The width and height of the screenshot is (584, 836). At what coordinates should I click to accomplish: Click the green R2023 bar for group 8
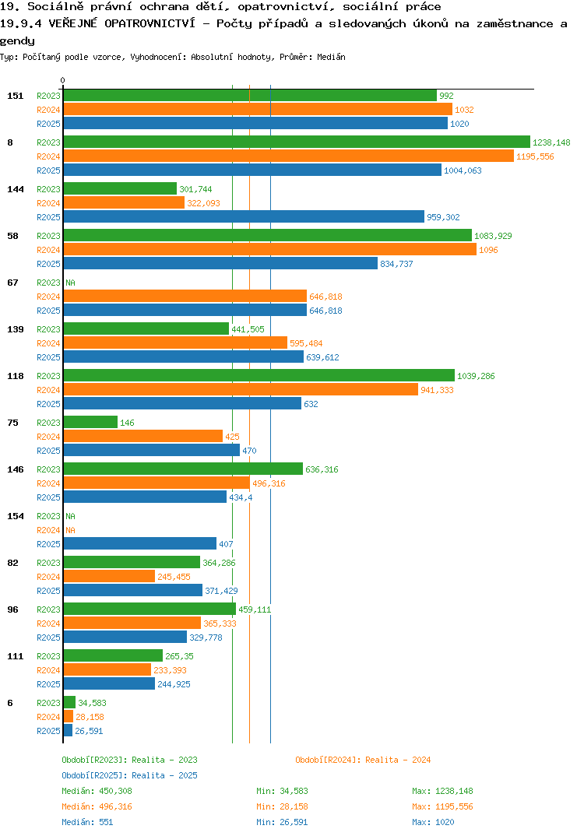(x=297, y=142)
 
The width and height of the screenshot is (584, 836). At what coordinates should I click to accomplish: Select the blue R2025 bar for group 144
(x=244, y=217)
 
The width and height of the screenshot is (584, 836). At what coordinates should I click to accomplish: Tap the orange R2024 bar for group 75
(x=143, y=437)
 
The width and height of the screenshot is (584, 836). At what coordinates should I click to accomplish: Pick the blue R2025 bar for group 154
(x=139, y=544)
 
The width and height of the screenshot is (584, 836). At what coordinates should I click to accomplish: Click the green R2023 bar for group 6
(x=69, y=703)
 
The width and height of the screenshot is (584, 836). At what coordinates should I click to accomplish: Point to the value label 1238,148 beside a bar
(x=551, y=142)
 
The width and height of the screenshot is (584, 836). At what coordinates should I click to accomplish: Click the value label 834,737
(x=396, y=264)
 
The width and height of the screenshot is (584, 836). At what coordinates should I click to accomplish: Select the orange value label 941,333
(x=437, y=390)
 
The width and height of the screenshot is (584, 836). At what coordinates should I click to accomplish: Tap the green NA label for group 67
(x=70, y=283)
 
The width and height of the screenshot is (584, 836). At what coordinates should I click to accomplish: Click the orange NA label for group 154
(x=70, y=530)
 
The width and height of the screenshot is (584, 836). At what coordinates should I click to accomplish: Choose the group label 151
(x=16, y=96)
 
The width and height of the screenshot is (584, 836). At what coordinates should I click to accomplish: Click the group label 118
(x=16, y=376)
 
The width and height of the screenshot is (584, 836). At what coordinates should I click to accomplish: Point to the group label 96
(x=12, y=609)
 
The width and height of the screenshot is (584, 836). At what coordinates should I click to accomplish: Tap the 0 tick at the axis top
(x=63, y=80)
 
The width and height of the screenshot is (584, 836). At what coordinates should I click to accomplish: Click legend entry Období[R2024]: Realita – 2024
(x=363, y=760)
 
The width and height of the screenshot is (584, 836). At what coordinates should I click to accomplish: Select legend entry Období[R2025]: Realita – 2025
(x=129, y=775)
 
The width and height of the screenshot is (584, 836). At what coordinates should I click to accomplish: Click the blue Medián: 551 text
(x=87, y=822)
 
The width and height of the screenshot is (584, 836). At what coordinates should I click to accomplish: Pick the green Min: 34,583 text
(x=282, y=791)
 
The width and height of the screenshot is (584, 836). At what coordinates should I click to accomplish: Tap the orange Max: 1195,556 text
(x=442, y=806)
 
